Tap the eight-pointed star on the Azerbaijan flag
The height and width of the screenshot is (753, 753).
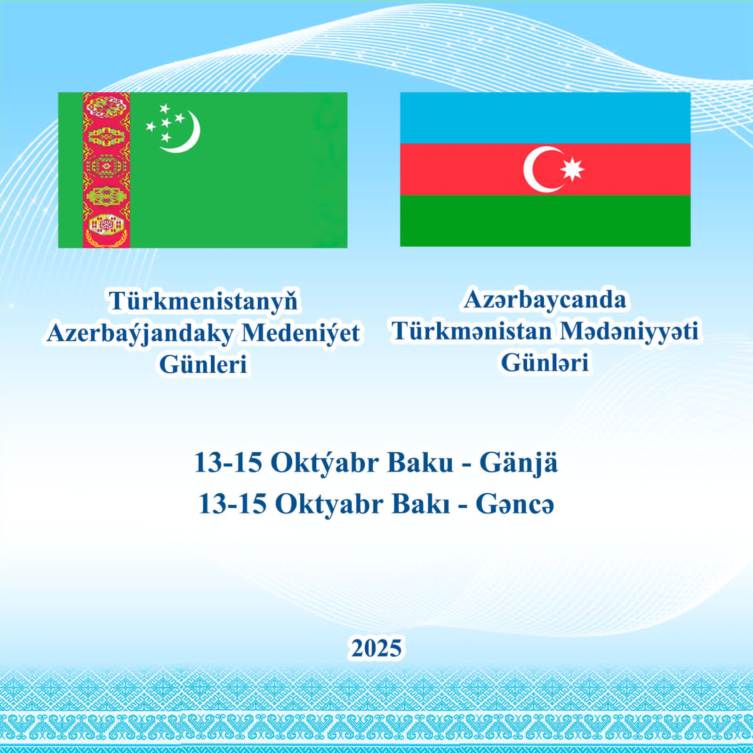pos(572,169)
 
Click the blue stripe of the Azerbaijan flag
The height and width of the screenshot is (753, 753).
pos(545,118)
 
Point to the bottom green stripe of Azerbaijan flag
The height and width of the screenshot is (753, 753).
pos(545,220)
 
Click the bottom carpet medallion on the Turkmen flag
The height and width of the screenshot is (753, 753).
pos(106,225)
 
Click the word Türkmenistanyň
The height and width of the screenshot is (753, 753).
pos(204,302)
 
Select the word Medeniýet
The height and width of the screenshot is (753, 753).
pos(301,333)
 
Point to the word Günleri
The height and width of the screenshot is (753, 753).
pos(203,364)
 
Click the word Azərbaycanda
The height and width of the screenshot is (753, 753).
pos(545,300)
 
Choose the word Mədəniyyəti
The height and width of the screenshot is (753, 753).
pos(629,331)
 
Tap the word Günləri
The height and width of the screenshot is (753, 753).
pos(545,362)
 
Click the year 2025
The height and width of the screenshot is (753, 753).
pos(376,648)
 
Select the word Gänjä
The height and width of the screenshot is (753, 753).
pos(519,464)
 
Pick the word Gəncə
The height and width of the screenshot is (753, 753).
pos(515,505)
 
